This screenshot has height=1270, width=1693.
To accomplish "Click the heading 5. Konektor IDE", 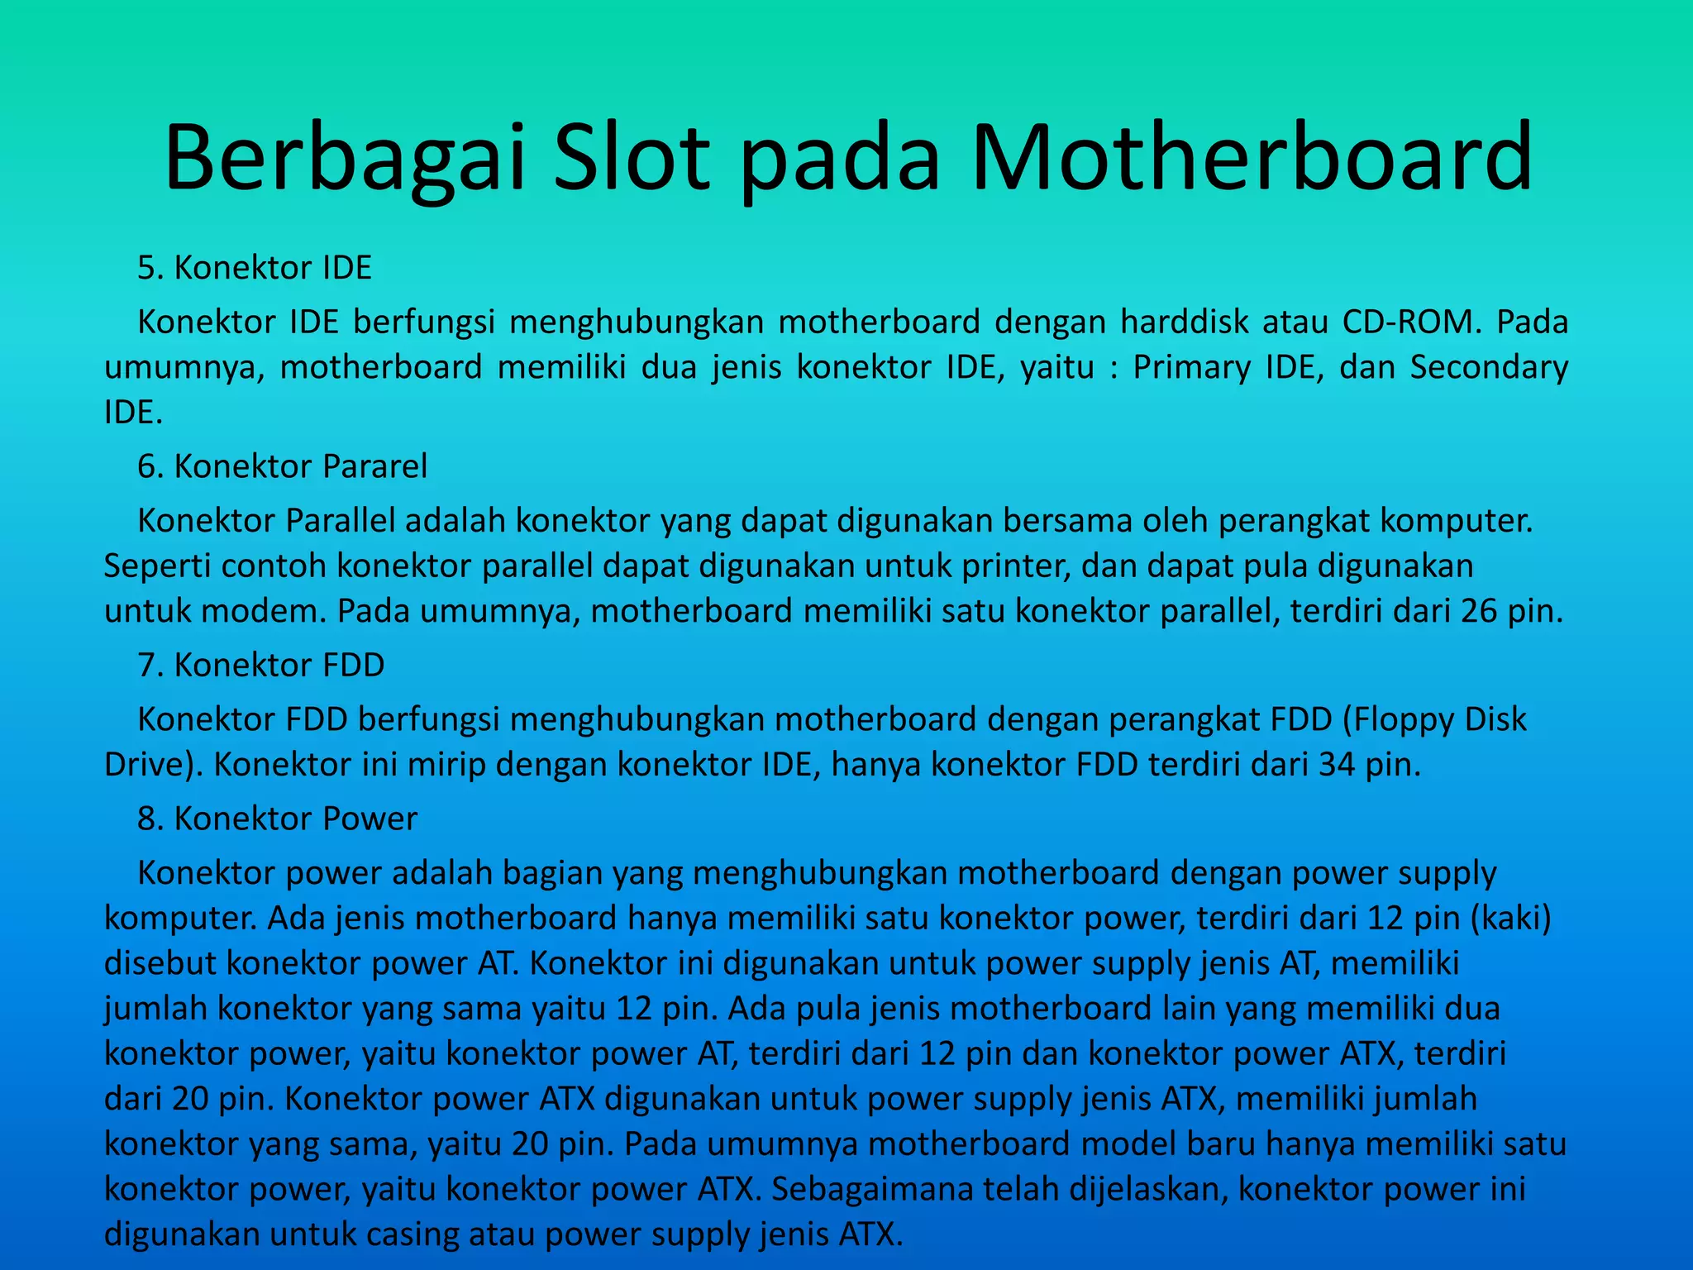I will point(255,268).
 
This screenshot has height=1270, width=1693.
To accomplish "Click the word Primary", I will point(1192,367).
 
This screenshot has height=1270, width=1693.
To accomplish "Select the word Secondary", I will point(1489,367).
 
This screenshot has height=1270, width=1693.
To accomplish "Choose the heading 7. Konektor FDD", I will point(261,666).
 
